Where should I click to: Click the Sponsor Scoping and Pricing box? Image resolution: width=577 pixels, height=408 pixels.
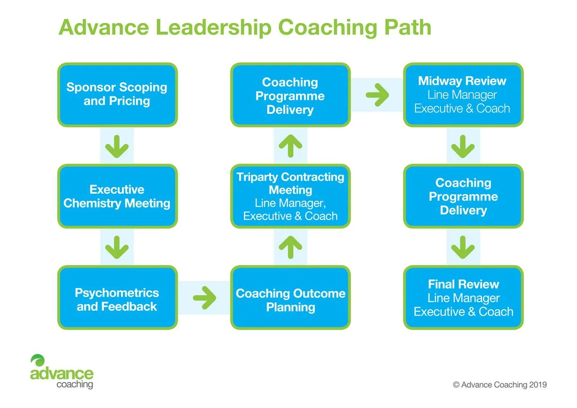[x=117, y=94]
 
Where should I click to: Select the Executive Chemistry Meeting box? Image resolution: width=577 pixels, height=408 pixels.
[x=117, y=196]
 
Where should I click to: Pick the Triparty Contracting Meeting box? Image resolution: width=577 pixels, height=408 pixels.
[x=290, y=196]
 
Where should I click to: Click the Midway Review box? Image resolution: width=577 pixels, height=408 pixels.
[x=463, y=94]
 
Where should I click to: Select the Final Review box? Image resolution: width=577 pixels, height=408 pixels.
[x=463, y=297]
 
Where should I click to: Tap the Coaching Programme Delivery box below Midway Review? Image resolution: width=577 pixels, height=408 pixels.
[x=463, y=196]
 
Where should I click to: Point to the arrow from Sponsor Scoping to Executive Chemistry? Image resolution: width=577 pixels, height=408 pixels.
[x=117, y=146]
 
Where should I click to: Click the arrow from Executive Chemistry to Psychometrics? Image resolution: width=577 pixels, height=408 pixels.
[x=117, y=247]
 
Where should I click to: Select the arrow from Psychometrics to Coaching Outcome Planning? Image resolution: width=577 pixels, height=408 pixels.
[x=204, y=297]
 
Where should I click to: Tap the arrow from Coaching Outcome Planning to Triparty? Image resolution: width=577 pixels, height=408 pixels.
[x=290, y=247]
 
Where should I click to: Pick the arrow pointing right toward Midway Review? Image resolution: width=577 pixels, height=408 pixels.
[x=377, y=95]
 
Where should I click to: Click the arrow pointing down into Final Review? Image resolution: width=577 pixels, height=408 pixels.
[x=463, y=247]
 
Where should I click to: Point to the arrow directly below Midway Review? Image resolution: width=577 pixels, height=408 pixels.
[x=463, y=146]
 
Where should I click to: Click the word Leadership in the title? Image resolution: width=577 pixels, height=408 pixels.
[x=213, y=28]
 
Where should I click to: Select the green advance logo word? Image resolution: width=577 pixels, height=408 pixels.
[x=61, y=374]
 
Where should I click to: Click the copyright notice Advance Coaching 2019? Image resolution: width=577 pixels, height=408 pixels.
[x=499, y=384]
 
